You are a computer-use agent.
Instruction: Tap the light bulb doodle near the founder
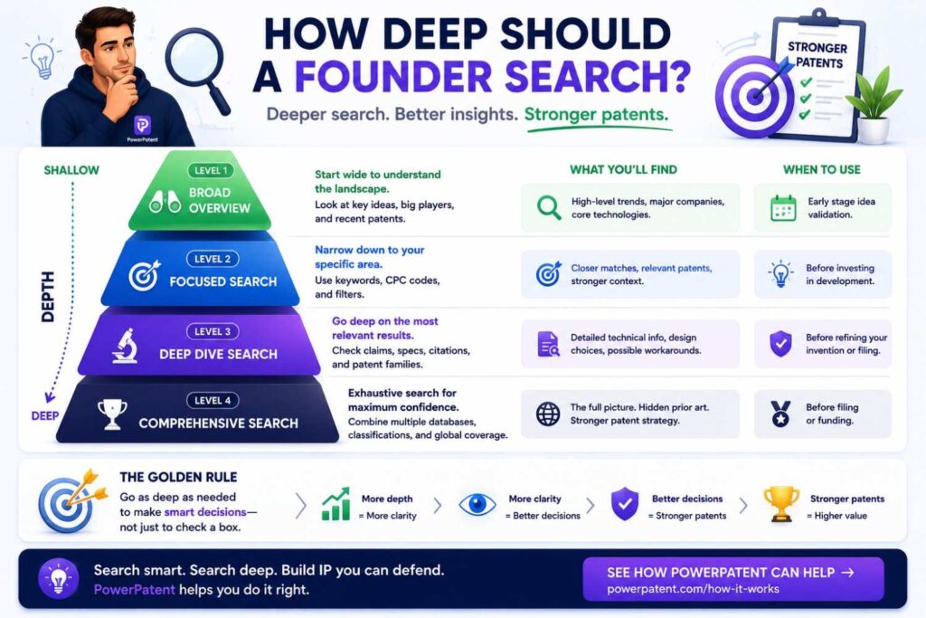coord(43,59)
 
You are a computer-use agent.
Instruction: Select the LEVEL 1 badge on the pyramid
coord(211,171)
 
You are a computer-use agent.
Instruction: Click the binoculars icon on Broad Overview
coord(165,202)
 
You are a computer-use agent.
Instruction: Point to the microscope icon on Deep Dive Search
coord(125,347)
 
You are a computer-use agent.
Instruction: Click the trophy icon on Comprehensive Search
coord(112,414)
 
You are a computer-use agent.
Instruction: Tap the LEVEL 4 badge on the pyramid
coord(213,401)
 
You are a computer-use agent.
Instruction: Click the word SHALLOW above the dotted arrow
coord(71,170)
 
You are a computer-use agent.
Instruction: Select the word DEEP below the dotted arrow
coord(45,416)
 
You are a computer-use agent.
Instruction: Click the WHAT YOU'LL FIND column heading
coord(624,169)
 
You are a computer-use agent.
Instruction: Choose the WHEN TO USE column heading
coord(821,169)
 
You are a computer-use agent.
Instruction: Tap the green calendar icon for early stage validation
coord(784,208)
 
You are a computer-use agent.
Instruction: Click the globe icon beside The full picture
coord(548,414)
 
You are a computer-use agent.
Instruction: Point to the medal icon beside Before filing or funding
coord(780,414)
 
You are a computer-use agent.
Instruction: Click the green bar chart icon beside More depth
coord(335,505)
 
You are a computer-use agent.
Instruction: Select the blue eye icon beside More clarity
coord(477,505)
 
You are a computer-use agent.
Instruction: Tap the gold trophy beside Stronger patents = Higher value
coord(781,504)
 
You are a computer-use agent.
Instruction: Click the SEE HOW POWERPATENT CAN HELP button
coord(732,579)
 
